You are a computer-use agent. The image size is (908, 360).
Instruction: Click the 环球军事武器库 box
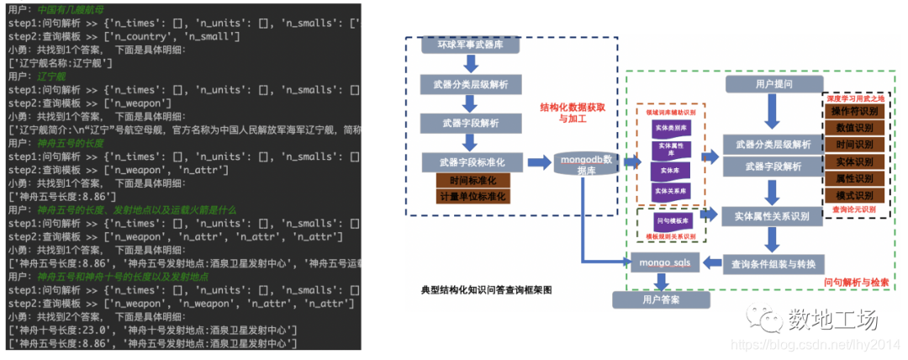click(x=471, y=45)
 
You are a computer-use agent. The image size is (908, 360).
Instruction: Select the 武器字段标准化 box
click(x=471, y=161)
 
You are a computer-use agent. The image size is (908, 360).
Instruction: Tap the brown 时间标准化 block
click(x=472, y=181)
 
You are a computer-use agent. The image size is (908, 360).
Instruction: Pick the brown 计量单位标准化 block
click(x=472, y=197)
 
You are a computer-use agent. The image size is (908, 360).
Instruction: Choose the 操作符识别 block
click(x=854, y=112)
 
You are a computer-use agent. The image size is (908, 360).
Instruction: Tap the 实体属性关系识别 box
click(x=772, y=216)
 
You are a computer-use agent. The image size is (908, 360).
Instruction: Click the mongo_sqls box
click(x=663, y=262)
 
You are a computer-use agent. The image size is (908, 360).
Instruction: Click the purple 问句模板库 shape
click(x=670, y=220)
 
